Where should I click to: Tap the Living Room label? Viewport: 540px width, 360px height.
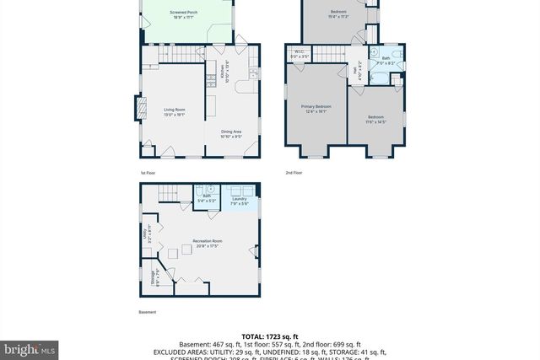tap(174, 112)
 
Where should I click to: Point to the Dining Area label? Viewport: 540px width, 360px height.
tap(233, 133)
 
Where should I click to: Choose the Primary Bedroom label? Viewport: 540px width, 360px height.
tap(316, 108)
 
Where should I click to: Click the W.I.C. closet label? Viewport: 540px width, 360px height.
tap(300, 55)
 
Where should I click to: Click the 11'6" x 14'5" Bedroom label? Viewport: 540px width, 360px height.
tap(375, 119)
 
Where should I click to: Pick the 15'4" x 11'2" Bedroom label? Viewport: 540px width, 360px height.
tap(337, 13)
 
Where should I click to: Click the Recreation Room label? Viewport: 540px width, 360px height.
tap(206, 244)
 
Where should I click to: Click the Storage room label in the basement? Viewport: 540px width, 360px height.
tap(153, 277)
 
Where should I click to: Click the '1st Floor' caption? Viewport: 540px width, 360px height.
tap(148, 172)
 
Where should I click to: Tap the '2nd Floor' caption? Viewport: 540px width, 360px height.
tap(294, 172)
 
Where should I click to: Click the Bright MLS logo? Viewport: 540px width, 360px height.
tap(30, 347)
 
